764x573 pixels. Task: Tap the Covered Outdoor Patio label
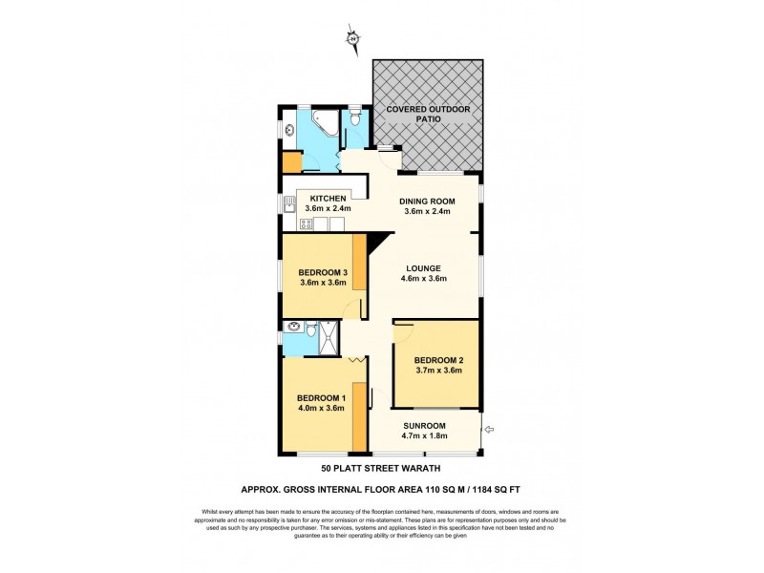(428, 116)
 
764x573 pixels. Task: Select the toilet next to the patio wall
(355, 119)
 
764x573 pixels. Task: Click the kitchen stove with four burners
(307, 224)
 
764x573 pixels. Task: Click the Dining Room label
(427, 201)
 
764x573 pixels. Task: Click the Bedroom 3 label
(322, 272)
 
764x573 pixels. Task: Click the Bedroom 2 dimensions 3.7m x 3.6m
(438, 371)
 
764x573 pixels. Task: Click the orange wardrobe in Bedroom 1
(360, 416)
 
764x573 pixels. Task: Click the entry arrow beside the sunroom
(489, 430)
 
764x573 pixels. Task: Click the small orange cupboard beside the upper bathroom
(290, 158)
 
